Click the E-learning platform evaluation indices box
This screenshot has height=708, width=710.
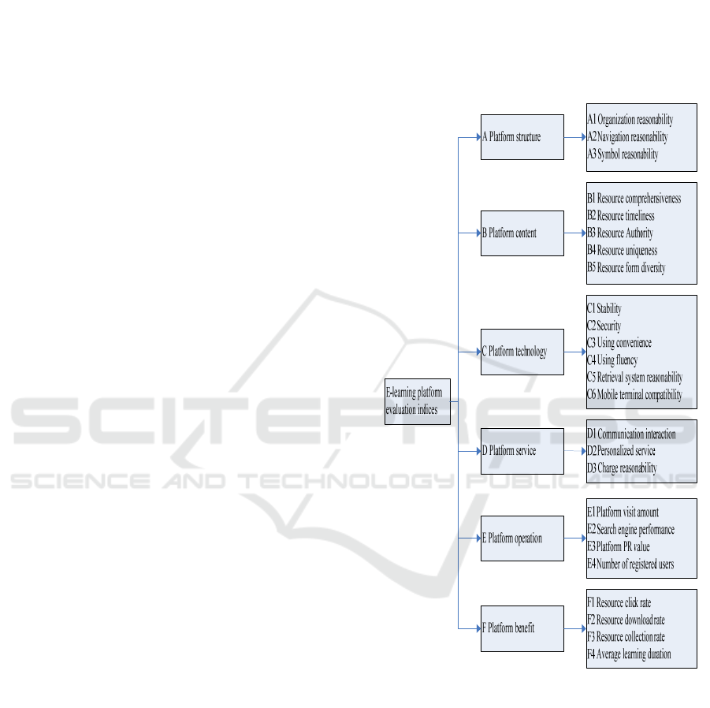pyautogui.click(x=418, y=401)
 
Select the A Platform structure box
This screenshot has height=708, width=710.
pyautogui.click(x=522, y=137)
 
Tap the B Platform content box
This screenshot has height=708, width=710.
pyautogui.click(x=522, y=233)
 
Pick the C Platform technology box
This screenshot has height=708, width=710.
pyautogui.click(x=522, y=352)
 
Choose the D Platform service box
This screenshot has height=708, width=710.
pyautogui.click(x=522, y=451)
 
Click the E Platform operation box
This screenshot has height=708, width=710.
pyautogui.click(x=522, y=538)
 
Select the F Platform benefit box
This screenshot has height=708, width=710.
pyautogui.click(x=522, y=628)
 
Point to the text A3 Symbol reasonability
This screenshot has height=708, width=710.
pyautogui.click(x=623, y=155)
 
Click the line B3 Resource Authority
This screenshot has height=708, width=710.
pyautogui.click(x=620, y=233)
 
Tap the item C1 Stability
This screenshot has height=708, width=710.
pyautogui.click(x=604, y=309)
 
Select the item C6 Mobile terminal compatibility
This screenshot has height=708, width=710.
pyautogui.click(x=634, y=395)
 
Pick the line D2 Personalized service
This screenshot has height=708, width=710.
pyautogui.click(x=621, y=451)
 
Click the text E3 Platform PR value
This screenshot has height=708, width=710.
pyautogui.click(x=619, y=546)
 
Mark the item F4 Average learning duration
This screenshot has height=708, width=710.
pyautogui.click(x=629, y=654)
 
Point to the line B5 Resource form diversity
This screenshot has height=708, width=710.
pyautogui.click(x=626, y=268)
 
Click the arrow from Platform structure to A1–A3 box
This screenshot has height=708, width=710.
pyautogui.click(x=575, y=137)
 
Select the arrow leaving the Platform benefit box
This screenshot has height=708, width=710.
pyautogui.click(x=575, y=628)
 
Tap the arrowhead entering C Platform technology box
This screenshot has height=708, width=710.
pyautogui.click(x=478, y=352)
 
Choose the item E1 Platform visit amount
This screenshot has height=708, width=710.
pyautogui.click(x=623, y=512)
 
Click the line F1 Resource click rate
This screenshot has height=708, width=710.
pyautogui.click(x=619, y=603)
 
